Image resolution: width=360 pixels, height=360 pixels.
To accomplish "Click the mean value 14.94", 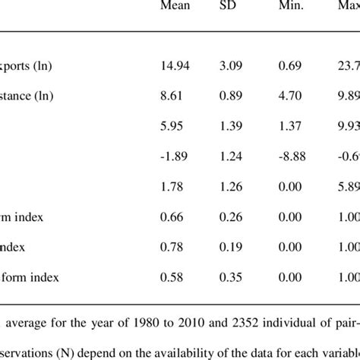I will (176, 66).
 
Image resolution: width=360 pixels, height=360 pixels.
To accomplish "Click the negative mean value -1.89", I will (175, 156).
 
